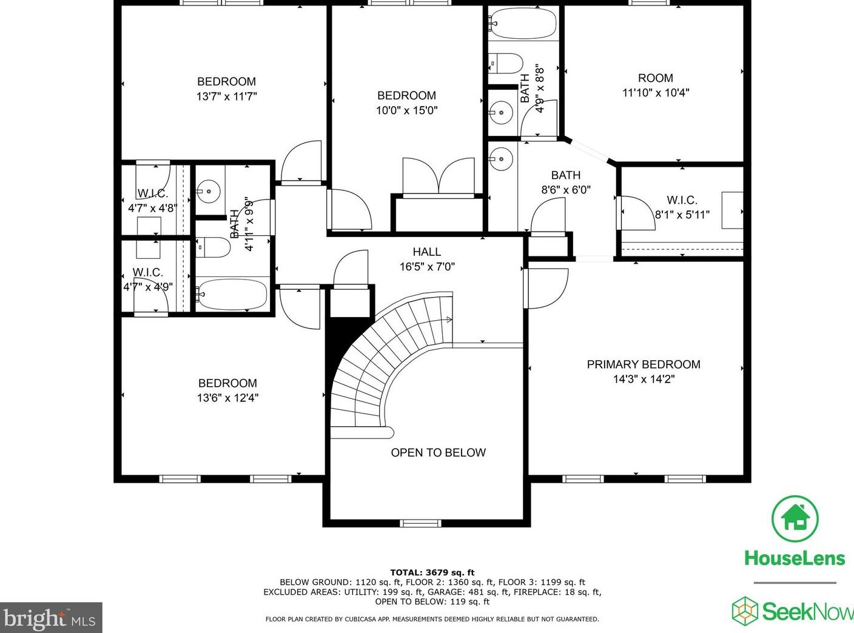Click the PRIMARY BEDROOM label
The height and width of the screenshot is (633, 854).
pyautogui.click(x=643, y=364)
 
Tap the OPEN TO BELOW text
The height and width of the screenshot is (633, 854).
pyautogui.click(x=438, y=452)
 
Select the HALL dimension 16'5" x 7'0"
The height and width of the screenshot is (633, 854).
pyautogui.click(x=427, y=266)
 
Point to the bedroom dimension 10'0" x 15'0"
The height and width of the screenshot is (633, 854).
pyautogui.click(x=406, y=110)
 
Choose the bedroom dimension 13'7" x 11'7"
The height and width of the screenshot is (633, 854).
pyautogui.click(x=226, y=96)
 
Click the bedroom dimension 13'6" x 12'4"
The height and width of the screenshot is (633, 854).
pyautogui.click(x=227, y=398)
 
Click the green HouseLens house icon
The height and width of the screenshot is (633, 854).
pyautogui.click(x=795, y=519)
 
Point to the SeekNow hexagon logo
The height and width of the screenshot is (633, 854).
pyautogui.click(x=745, y=611)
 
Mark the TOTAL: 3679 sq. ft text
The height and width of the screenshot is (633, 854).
pyautogui.click(x=432, y=572)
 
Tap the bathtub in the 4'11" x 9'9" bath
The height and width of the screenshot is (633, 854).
pyautogui.click(x=232, y=294)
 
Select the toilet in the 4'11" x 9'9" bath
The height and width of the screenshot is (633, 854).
pyautogui.click(x=213, y=247)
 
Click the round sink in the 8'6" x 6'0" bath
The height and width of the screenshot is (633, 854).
pyautogui.click(x=502, y=159)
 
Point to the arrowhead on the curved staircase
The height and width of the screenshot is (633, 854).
pyautogui.click(x=449, y=320)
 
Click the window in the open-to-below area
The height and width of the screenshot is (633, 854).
pyautogui.click(x=420, y=523)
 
